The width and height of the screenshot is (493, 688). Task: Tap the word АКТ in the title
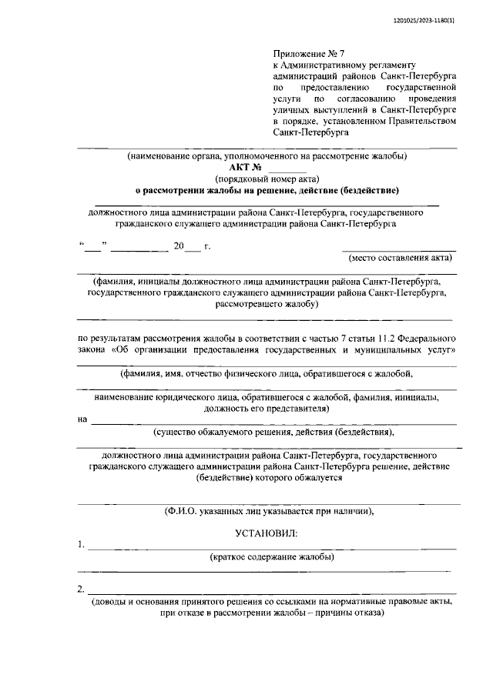click(240, 167)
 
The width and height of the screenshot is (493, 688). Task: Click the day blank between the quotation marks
click(92, 246)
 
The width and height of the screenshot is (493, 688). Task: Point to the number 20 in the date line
click(179, 246)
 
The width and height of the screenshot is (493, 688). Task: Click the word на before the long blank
click(82, 419)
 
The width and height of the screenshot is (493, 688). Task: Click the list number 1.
click(81, 546)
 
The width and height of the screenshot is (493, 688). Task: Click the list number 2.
click(81, 590)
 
